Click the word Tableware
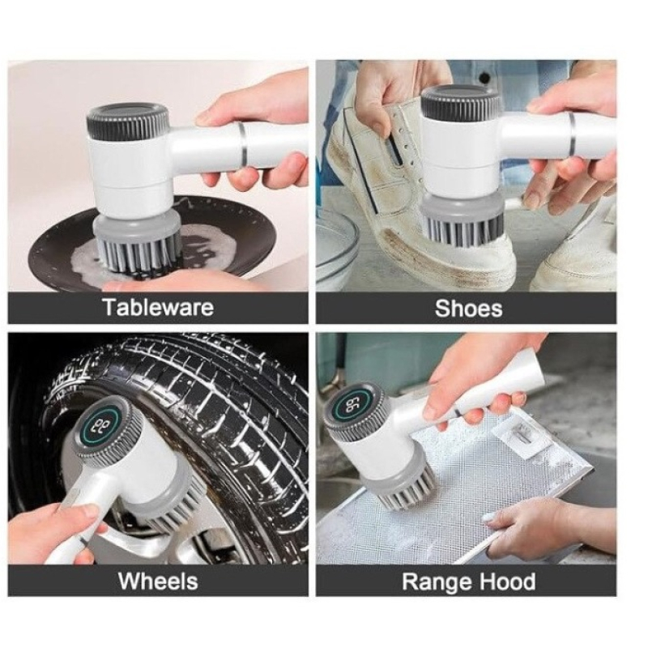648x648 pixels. [158, 308]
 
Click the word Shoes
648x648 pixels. [469, 309]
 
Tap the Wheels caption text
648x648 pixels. [158, 581]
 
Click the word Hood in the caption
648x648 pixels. [506, 581]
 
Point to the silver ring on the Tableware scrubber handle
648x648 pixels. [244, 142]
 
